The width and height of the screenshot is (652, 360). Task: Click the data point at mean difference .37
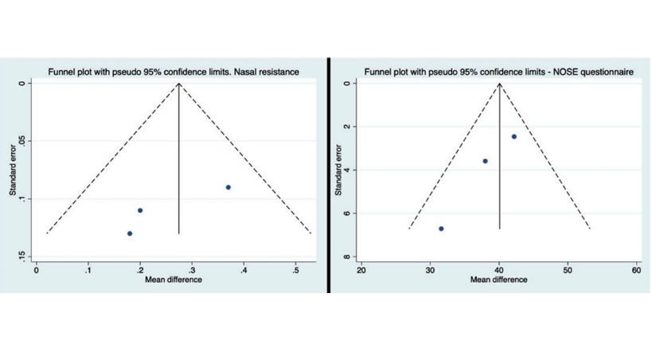[x=228, y=187]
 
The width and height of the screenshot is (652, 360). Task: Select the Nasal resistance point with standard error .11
[x=140, y=210]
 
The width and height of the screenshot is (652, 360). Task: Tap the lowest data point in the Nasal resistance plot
[x=130, y=233]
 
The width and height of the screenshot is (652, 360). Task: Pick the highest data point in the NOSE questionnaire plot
[x=513, y=136]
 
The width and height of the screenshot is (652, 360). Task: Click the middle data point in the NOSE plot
[x=485, y=161]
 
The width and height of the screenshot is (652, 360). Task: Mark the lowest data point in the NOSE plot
[x=441, y=229]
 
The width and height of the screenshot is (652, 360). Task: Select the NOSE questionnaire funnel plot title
[x=498, y=72]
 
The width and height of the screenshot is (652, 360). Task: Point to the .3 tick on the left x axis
[x=192, y=270]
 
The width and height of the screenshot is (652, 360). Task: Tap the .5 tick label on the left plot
[x=296, y=270]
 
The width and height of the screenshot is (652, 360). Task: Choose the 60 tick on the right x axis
[x=636, y=270]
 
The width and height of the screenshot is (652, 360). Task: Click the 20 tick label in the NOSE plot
[x=362, y=270]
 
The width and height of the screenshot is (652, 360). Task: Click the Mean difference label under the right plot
[x=498, y=280]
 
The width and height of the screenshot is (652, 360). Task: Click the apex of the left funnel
[x=178, y=84]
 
